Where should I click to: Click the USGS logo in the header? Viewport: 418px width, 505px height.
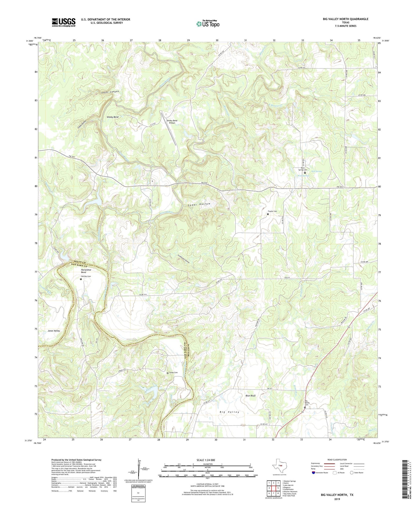click(63, 22)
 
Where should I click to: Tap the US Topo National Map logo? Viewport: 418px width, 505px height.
click(208, 24)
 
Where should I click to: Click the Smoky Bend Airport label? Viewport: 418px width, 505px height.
click(172, 122)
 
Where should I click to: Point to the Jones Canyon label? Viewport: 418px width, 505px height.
click(110, 92)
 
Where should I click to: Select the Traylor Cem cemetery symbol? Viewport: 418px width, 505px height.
click(268, 214)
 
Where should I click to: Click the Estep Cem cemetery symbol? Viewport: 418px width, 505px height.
click(167, 373)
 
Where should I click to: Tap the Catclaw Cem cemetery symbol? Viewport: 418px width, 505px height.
click(81, 279)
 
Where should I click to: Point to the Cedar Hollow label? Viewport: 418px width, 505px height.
click(199, 204)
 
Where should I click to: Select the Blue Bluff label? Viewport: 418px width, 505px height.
click(250, 396)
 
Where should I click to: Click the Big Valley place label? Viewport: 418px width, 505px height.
click(229, 412)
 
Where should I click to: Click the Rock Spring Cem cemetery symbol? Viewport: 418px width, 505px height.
click(305, 173)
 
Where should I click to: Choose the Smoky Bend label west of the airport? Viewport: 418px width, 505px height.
click(113, 117)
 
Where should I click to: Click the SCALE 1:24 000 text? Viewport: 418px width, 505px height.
click(206, 460)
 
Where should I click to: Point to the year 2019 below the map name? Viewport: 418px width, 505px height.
click(337, 499)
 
